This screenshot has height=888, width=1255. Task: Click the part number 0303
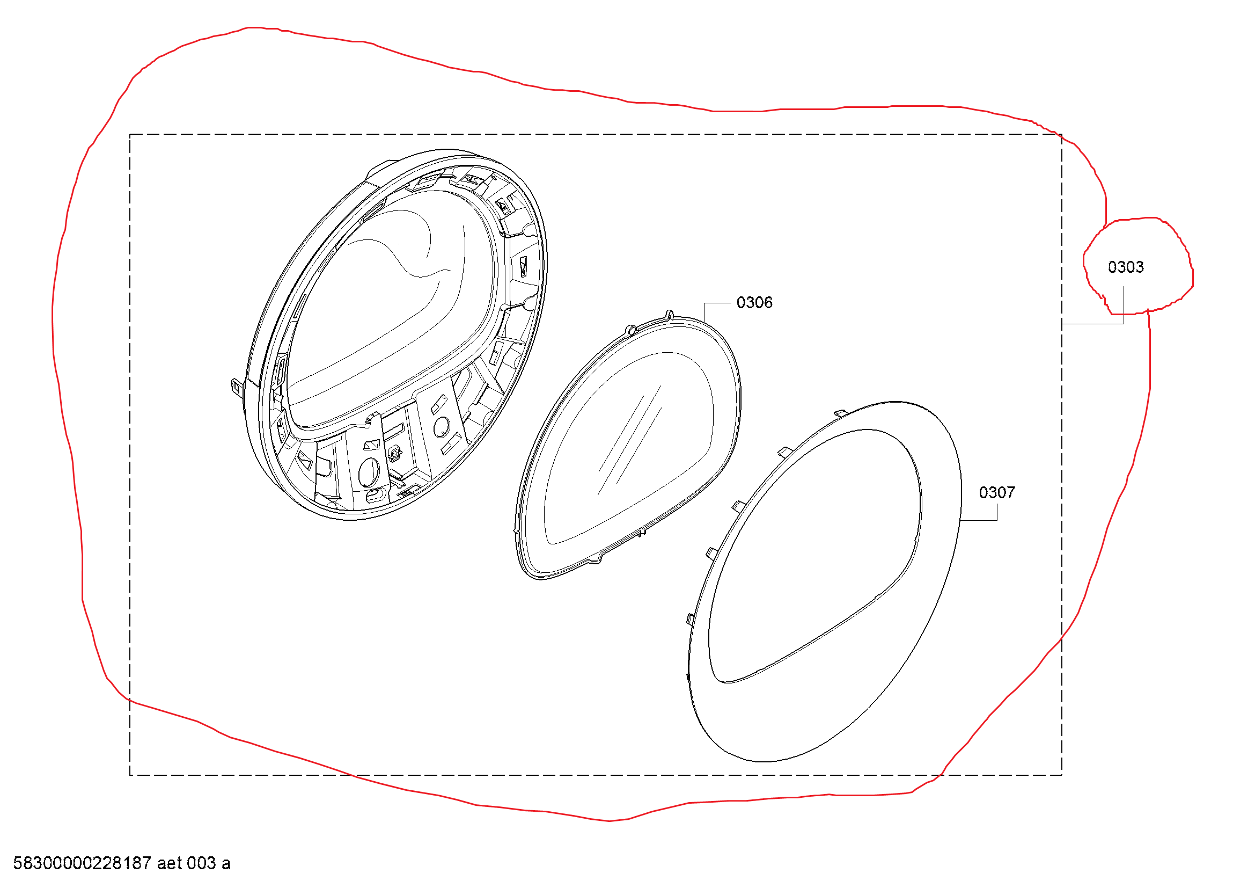point(1125,267)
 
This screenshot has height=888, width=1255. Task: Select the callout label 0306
point(754,303)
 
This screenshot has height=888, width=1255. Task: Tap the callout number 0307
point(996,493)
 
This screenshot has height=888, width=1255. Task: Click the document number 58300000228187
point(82,863)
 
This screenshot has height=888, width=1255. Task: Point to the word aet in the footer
point(170,863)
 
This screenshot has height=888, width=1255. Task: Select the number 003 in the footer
point(202,863)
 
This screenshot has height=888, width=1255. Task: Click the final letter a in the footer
point(226,864)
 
